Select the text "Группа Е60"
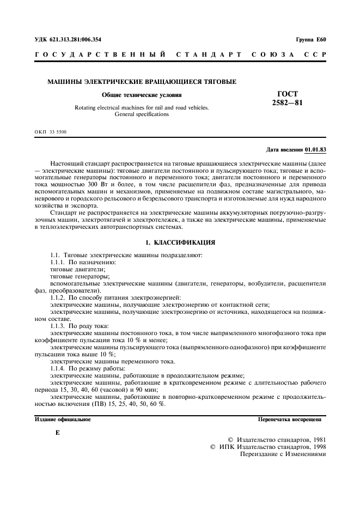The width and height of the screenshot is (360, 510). [311, 40]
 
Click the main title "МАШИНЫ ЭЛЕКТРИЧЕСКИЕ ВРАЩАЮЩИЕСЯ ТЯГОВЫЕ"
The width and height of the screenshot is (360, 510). [142, 82]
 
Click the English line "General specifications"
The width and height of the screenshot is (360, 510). [142, 114]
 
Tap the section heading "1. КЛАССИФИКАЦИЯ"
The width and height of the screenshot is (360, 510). [180, 242]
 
